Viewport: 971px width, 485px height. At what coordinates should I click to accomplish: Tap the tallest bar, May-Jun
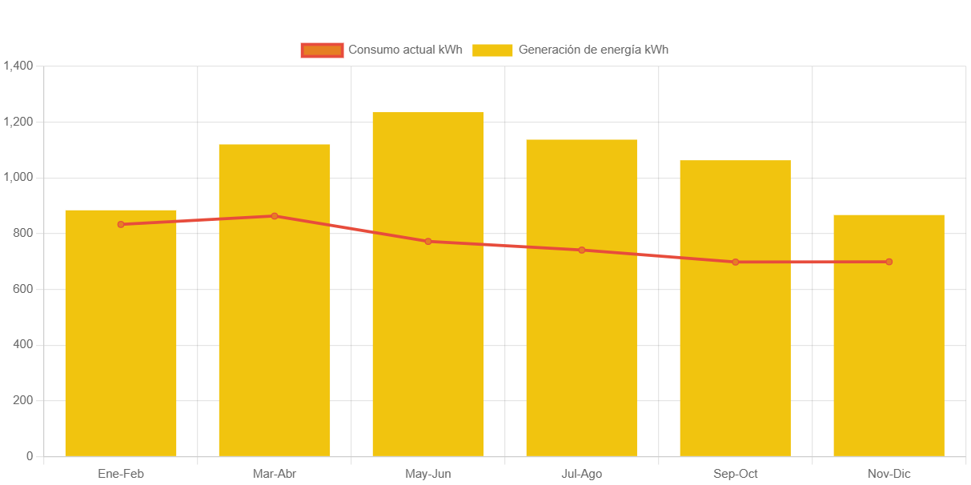pos(428,320)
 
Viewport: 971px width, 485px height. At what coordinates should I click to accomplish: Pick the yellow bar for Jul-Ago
pos(582,336)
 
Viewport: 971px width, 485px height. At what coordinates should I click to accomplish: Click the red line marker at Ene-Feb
pos(121,224)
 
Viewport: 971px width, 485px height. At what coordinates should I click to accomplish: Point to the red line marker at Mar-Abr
pos(275,216)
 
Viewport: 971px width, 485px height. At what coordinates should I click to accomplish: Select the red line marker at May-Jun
pos(428,241)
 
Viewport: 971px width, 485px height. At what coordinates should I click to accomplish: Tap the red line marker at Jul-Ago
pos(582,251)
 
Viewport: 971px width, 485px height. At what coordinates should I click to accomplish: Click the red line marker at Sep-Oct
pos(736,262)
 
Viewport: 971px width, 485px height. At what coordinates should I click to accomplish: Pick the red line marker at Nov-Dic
pos(889,262)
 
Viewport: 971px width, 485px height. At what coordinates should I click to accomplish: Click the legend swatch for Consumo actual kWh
pos(322,50)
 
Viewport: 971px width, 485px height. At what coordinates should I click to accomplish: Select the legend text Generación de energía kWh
pos(593,50)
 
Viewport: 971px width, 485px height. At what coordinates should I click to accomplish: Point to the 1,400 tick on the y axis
pos(18,66)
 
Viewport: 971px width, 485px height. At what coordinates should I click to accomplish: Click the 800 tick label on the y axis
pos(22,233)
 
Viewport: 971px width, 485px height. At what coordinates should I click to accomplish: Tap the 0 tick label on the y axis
pos(30,456)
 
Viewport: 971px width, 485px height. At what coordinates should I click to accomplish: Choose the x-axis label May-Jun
pos(428,474)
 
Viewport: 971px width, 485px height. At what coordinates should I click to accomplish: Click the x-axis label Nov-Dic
pos(889,474)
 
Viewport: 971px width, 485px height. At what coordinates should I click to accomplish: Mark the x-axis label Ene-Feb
pos(121,474)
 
